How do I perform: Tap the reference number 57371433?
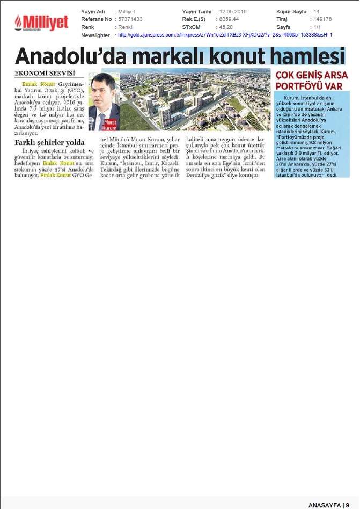(131, 19)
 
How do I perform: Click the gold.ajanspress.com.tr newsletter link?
(225, 35)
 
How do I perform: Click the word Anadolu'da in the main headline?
(78, 56)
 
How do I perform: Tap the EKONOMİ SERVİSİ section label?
(45, 72)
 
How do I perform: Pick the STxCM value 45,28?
(225, 27)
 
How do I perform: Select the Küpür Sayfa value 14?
(316, 11)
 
